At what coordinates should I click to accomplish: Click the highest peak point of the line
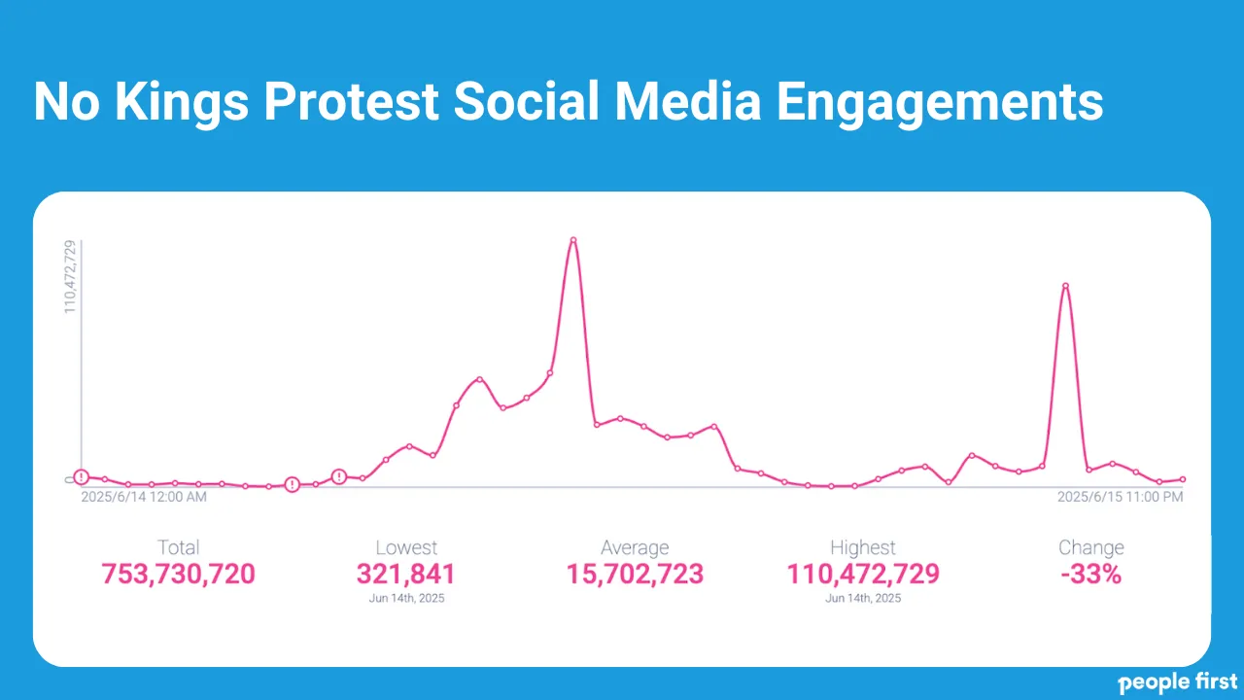[x=573, y=240]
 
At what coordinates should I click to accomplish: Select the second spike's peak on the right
[x=1065, y=286]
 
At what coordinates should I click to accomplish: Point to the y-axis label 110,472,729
[x=71, y=277]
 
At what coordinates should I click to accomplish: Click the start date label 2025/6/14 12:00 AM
[x=144, y=497]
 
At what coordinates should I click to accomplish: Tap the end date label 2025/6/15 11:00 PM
[x=1120, y=497]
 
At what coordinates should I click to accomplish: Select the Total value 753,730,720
[x=179, y=574]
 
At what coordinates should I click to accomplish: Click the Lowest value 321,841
[x=406, y=574]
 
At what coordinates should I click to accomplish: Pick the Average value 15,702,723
[x=635, y=574]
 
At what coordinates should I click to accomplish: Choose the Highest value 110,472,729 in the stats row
[x=863, y=574]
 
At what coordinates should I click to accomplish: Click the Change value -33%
[x=1091, y=574]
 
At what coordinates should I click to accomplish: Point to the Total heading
[x=179, y=547]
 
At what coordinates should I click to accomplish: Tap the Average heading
[x=635, y=547]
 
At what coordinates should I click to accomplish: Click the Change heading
[x=1091, y=547]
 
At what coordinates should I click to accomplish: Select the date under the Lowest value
[x=406, y=598]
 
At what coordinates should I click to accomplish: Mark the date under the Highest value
[x=863, y=598]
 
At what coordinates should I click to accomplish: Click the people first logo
[x=1178, y=682]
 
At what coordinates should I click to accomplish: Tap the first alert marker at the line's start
[x=82, y=476]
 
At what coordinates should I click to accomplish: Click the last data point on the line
[x=1182, y=479]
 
